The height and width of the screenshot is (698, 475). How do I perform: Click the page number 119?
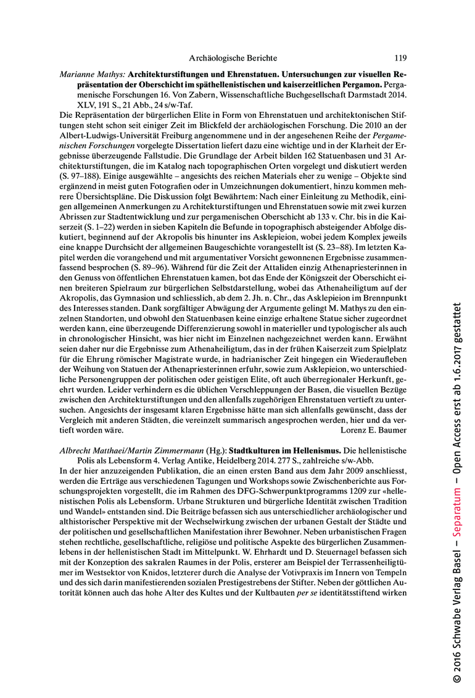click(400, 59)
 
